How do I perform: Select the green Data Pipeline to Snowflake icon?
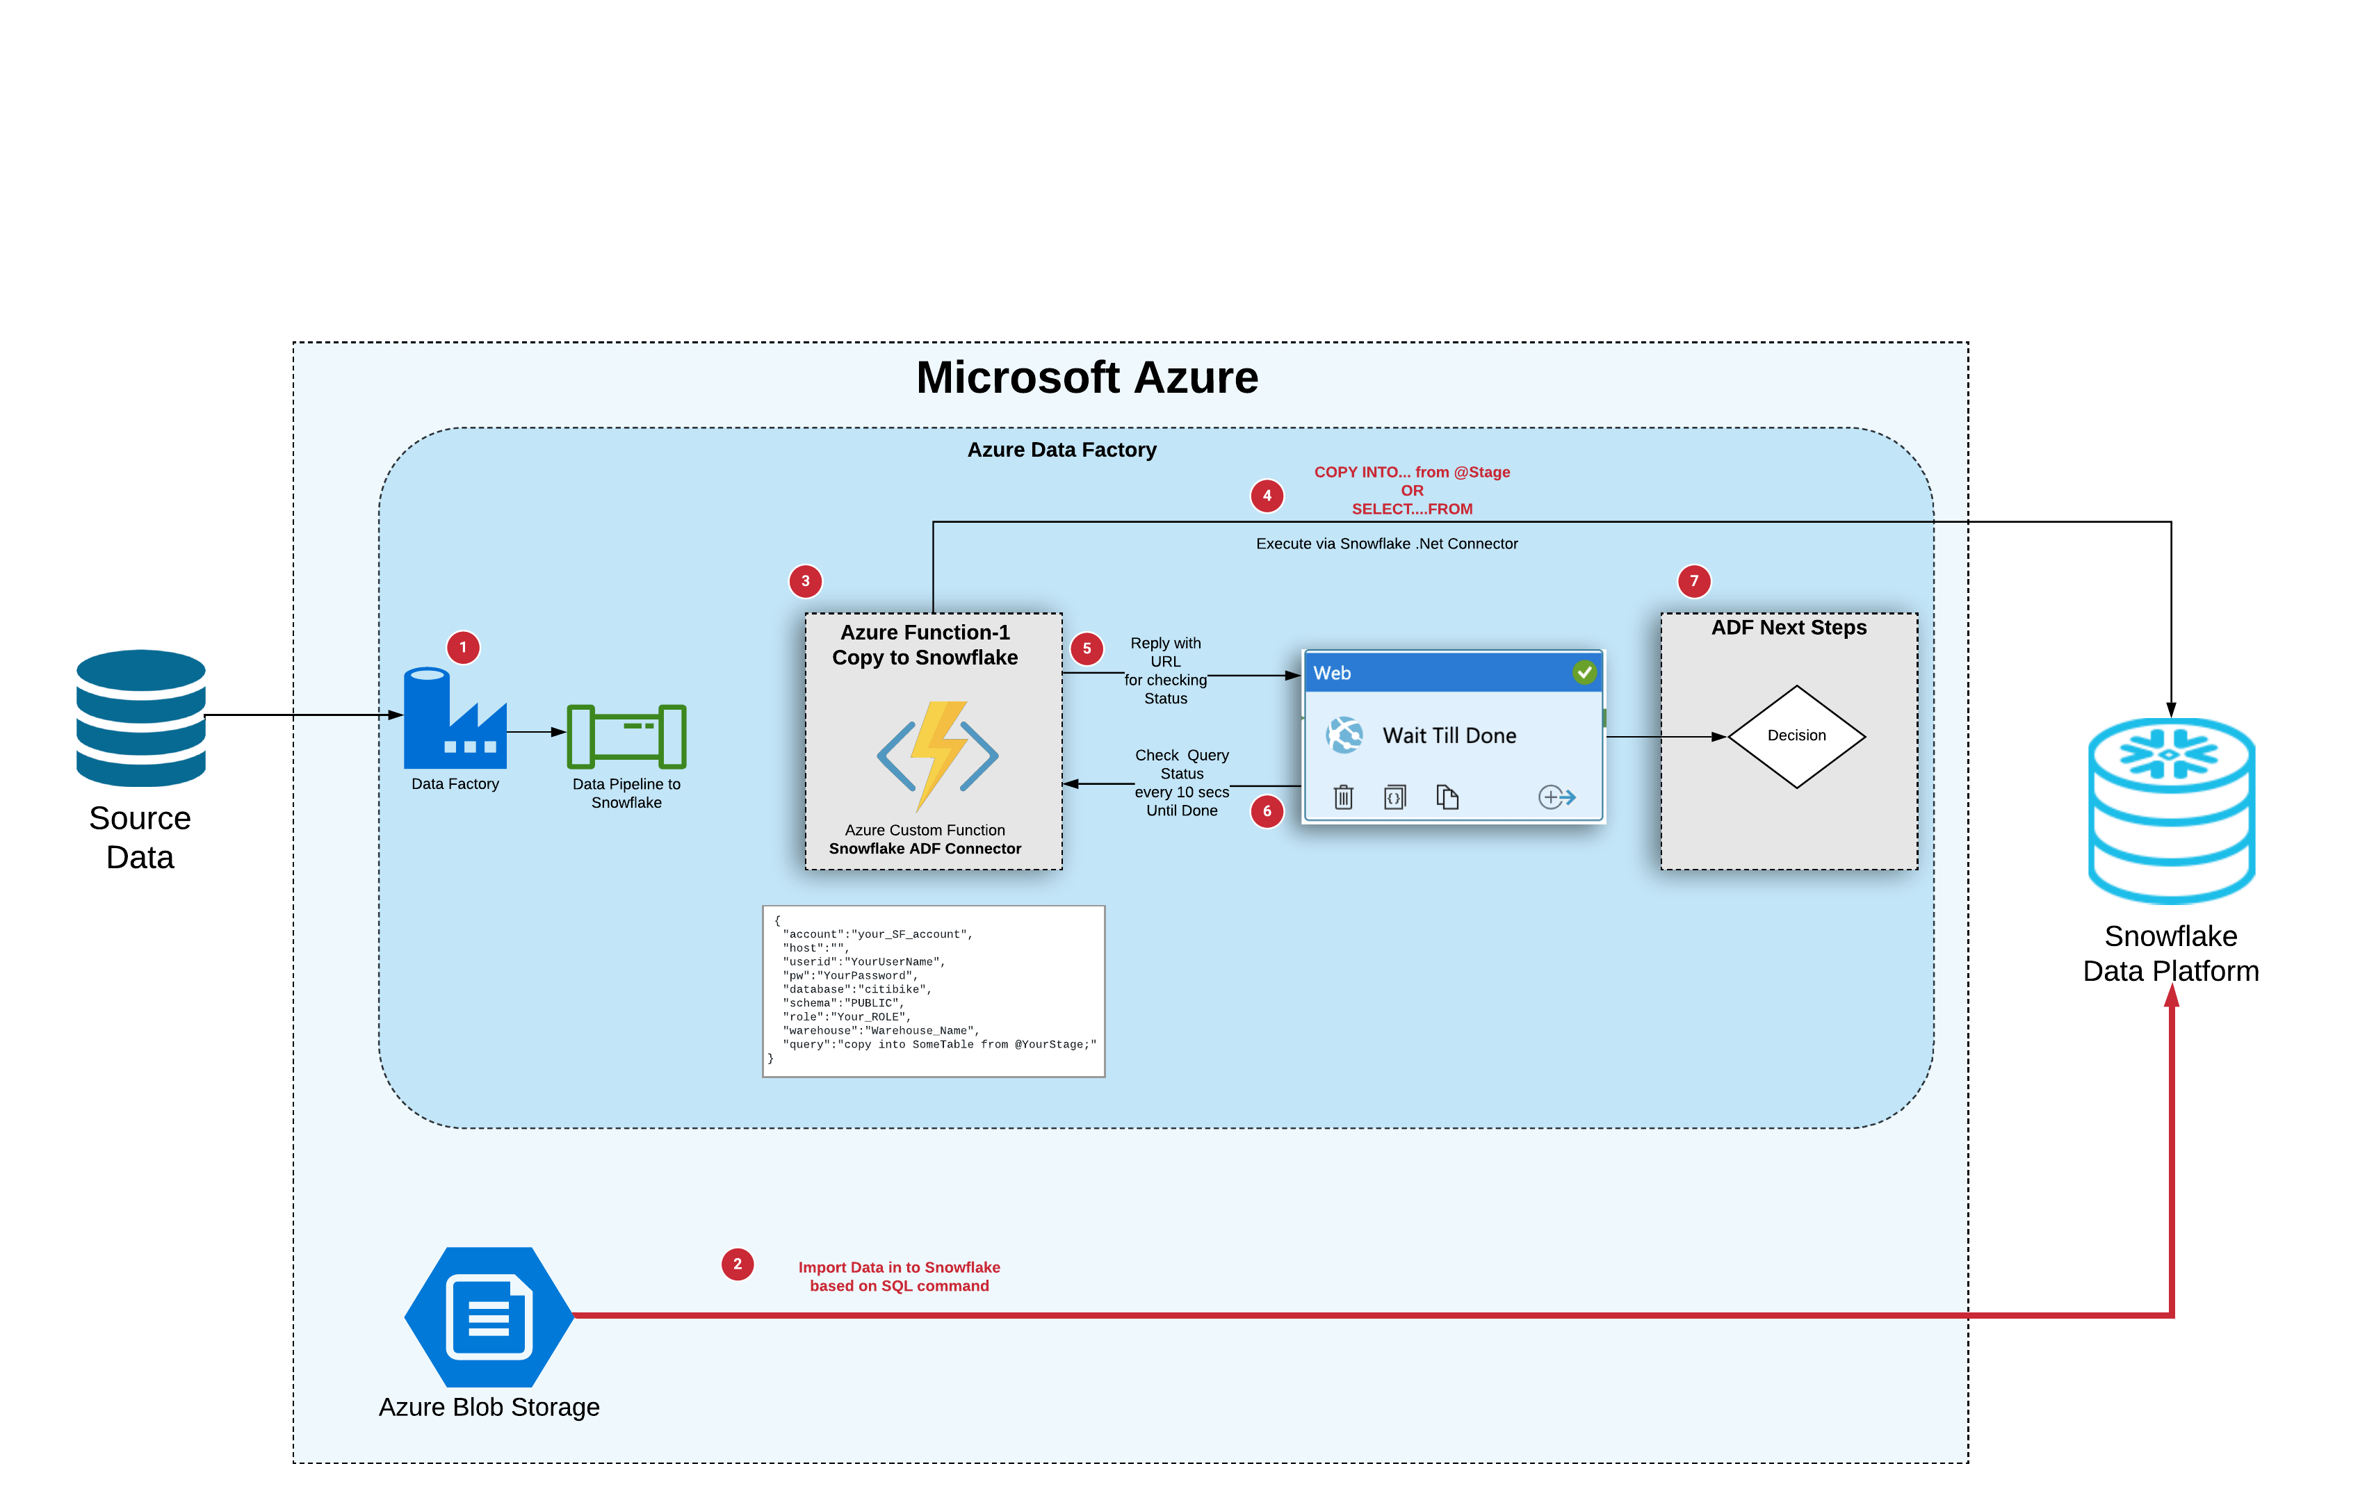point(626,736)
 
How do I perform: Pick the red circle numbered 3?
point(805,581)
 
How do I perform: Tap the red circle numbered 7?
point(1693,581)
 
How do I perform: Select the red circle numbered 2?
point(738,1264)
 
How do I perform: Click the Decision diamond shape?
point(1796,736)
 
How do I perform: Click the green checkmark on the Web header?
point(1584,672)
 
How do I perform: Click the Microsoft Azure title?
point(1087,377)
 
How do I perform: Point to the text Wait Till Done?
point(1449,735)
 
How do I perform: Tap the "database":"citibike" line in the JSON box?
point(856,989)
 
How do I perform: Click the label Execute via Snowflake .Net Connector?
point(1386,544)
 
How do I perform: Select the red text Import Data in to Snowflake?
point(898,1267)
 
